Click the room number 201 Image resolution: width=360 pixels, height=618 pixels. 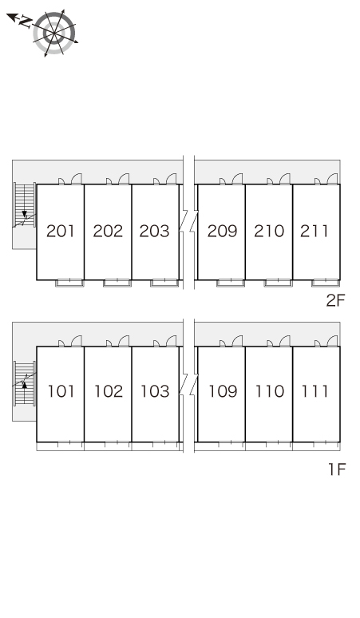click(60, 231)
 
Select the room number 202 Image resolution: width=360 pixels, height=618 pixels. click(108, 231)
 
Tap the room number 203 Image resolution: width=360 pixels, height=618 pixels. click(154, 231)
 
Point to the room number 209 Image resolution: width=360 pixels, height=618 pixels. click(223, 231)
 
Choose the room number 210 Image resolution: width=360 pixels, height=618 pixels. click(269, 231)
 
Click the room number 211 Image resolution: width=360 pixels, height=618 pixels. click(314, 231)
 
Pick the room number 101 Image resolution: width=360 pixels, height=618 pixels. click(61, 391)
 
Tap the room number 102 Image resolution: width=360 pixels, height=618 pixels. click(109, 391)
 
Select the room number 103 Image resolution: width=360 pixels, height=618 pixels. click(155, 391)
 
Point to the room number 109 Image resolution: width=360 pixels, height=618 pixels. click(223, 391)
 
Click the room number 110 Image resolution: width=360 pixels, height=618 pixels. click(270, 391)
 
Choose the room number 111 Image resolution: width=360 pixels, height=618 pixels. click(315, 391)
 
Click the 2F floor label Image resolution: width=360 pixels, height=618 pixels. click(335, 301)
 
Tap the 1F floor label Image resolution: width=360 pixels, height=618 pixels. click(337, 469)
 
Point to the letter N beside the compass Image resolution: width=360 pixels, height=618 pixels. click(26, 22)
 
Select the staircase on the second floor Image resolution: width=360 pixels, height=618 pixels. click(25, 205)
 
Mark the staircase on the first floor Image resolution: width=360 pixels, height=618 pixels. click(25, 383)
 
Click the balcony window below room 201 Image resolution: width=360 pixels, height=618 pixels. click(69, 283)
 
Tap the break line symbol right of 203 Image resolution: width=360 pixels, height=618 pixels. click(188, 221)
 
